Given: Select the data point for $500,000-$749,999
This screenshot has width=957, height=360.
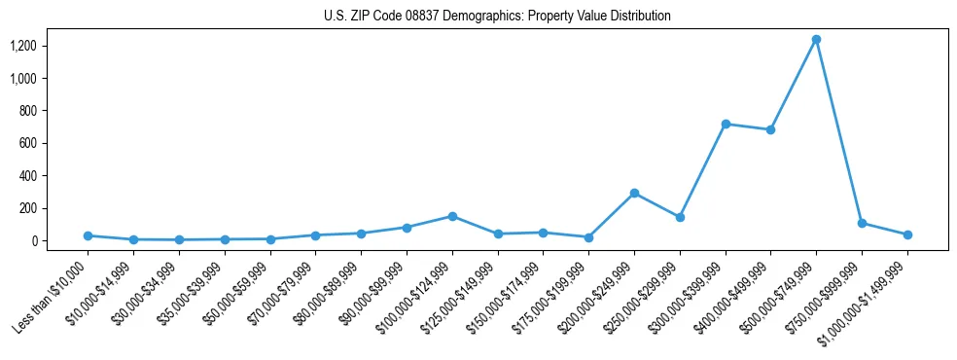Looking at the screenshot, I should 816,40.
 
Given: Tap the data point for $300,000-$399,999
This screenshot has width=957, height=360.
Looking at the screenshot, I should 726,124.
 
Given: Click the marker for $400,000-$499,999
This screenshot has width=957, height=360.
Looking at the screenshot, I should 770,129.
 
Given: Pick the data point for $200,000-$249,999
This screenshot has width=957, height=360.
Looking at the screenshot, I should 634,193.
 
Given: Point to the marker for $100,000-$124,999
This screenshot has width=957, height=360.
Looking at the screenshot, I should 452,216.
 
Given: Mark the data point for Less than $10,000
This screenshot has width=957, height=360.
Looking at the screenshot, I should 88,235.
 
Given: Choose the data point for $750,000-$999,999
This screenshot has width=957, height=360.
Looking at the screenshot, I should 862,223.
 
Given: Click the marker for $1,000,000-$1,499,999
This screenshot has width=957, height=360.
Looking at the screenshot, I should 907,234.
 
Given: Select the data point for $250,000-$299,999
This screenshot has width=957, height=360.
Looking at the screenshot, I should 680,217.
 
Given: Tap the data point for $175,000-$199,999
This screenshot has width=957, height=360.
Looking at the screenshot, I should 588,237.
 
